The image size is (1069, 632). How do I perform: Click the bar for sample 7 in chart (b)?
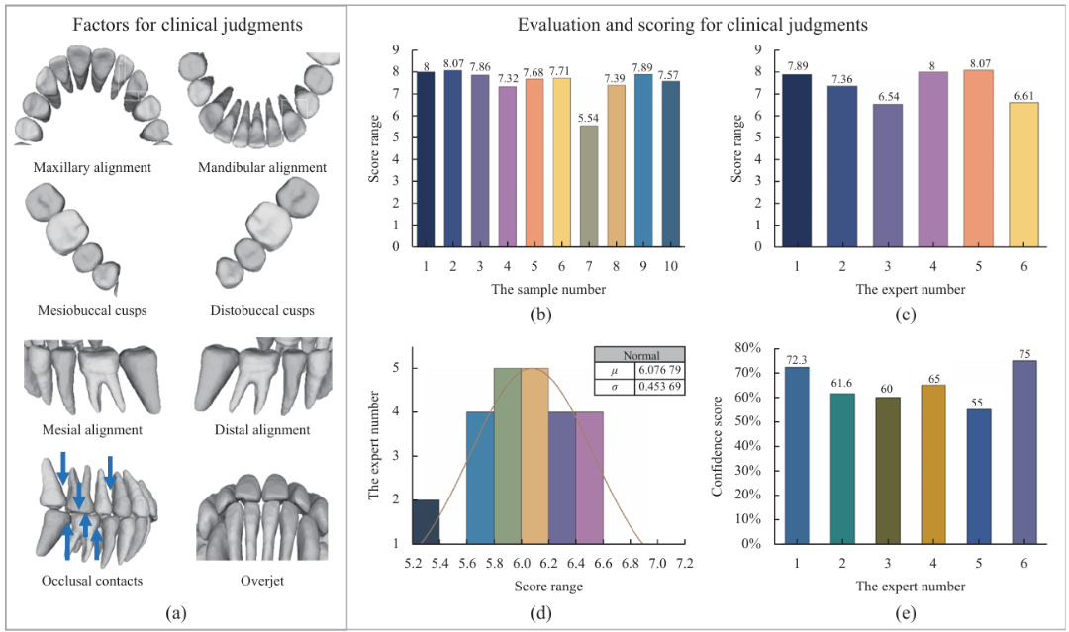(x=589, y=186)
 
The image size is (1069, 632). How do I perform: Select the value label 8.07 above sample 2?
(x=452, y=64)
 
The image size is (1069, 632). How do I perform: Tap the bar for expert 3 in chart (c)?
(x=888, y=175)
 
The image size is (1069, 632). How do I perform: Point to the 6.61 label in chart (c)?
(x=1024, y=96)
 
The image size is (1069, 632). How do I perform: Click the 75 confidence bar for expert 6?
(x=1024, y=452)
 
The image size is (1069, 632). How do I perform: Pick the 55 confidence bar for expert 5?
(x=978, y=477)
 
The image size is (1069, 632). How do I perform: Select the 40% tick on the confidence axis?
(x=747, y=446)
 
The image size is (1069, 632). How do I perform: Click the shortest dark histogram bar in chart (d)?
(x=426, y=521)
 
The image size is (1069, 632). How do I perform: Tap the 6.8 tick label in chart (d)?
(x=630, y=564)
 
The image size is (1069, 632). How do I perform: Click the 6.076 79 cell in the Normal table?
(x=659, y=370)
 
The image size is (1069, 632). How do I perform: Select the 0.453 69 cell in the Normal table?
(x=659, y=386)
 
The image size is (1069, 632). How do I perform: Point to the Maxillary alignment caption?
(x=92, y=167)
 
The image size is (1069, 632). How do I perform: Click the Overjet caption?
(x=261, y=581)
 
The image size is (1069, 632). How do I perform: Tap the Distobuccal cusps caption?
(x=261, y=310)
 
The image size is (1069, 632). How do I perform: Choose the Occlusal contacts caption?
(x=92, y=581)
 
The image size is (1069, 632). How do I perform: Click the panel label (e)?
(x=905, y=613)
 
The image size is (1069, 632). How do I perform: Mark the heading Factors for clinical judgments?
(x=187, y=25)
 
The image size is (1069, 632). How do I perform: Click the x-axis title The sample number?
(x=548, y=289)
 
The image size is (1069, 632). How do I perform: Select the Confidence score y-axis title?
(x=717, y=445)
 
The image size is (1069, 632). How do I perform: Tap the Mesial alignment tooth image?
(x=93, y=378)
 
